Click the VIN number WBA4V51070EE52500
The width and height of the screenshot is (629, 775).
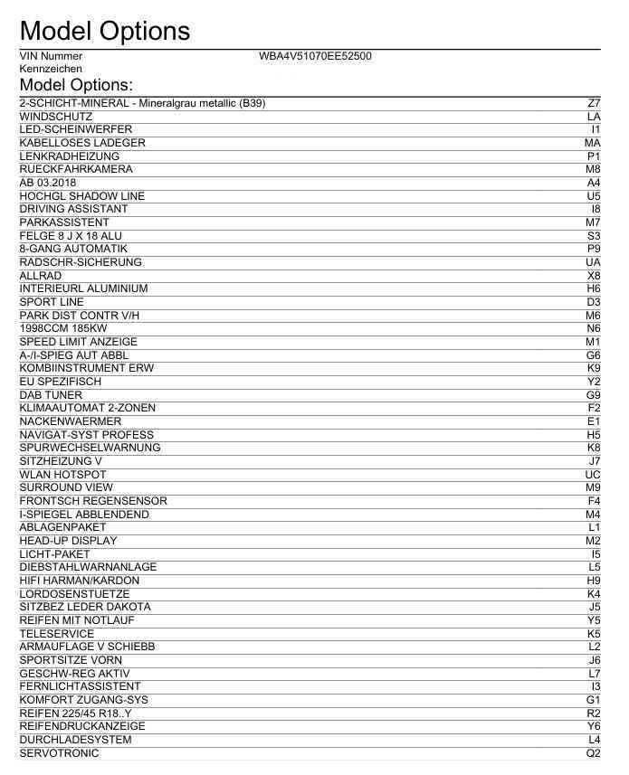pos(315,56)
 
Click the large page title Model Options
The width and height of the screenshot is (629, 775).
pos(104,31)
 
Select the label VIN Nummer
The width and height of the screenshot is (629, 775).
pos(51,56)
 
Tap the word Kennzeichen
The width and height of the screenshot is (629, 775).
pos(51,69)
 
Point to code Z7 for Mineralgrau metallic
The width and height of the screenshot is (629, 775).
pos(594,103)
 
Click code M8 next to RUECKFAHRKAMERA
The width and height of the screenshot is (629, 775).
pos(593,169)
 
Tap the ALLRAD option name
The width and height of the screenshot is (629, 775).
pos(41,276)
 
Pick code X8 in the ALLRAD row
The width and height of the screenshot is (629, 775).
pos(594,276)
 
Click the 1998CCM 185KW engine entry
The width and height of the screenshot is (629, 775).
pos(63,328)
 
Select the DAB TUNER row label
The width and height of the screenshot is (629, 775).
pos(51,395)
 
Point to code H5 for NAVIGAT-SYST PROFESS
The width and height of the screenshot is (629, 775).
pos(594,435)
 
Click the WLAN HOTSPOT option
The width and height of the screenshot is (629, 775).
pos(62,475)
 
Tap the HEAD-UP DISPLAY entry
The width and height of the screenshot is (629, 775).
pos(68,541)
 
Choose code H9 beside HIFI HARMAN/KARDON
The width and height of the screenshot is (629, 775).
pos(594,581)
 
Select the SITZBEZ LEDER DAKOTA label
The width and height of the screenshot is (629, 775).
pos(85,607)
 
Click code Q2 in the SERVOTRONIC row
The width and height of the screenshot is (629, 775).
pos(594,753)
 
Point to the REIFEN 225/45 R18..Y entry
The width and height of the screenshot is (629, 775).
pos(76,714)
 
